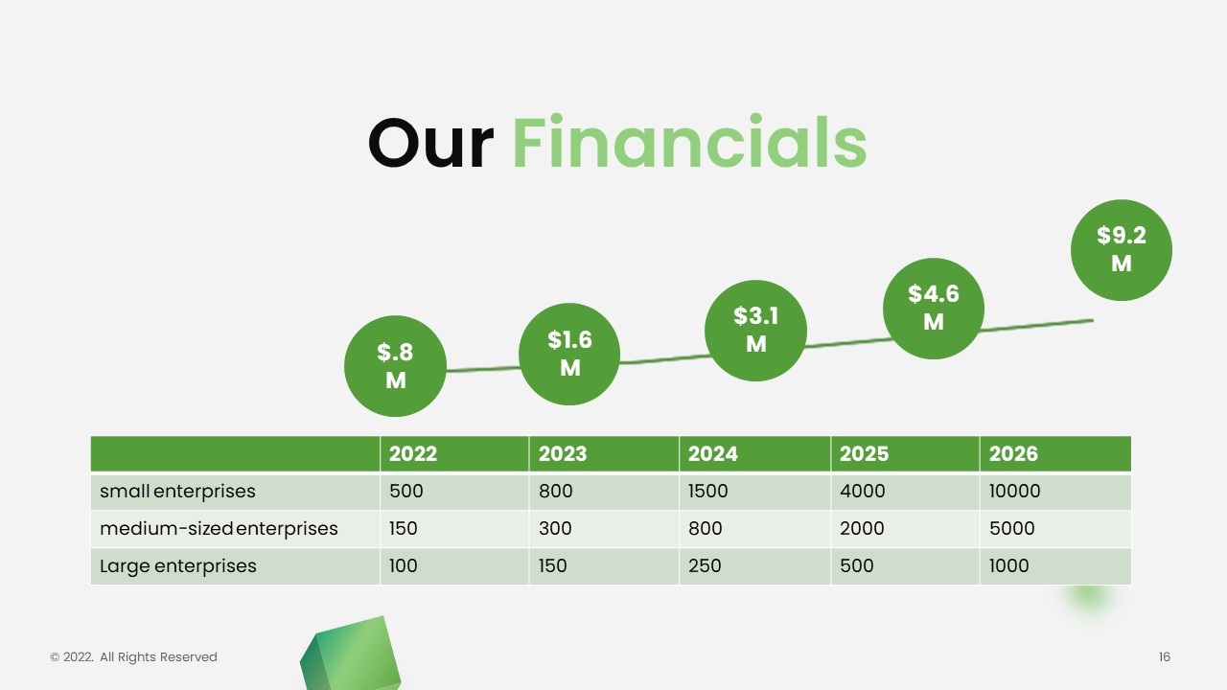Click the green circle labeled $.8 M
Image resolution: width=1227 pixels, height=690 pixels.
(x=395, y=366)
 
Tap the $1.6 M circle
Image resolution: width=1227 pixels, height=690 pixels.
(x=569, y=354)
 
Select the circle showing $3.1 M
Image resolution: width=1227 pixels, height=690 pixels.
(x=756, y=331)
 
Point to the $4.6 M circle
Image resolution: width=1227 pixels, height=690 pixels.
(x=934, y=309)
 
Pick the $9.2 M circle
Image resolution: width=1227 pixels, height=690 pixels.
(x=1122, y=250)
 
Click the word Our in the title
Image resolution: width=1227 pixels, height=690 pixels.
(x=431, y=144)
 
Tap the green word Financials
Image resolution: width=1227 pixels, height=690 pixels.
(x=689, y=141)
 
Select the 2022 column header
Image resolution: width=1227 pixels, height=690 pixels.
(x=413, y=453)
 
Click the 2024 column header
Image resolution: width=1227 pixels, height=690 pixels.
(x=712, y=453)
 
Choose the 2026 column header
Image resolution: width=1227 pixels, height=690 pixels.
(x=1013, y=453)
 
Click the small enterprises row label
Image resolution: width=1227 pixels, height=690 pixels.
(x=177, y=492)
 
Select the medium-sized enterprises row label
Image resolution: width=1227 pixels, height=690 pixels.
(x=219, y=528)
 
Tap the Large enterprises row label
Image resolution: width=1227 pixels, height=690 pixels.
(x=178, y=565)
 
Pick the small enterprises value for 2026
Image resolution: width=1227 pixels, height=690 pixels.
(x=1014, y=491)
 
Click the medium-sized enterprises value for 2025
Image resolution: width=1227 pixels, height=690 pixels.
(x=862, y=528)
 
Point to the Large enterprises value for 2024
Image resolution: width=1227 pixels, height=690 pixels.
(x=705, y=565)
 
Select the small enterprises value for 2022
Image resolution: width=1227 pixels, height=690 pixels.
(x=405, y=491)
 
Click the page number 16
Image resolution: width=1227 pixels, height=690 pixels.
(x=1165, y=656)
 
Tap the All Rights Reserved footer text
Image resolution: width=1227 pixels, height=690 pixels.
(x=158, y=656)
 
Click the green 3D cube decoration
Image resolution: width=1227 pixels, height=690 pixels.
(x=351, y=655)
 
